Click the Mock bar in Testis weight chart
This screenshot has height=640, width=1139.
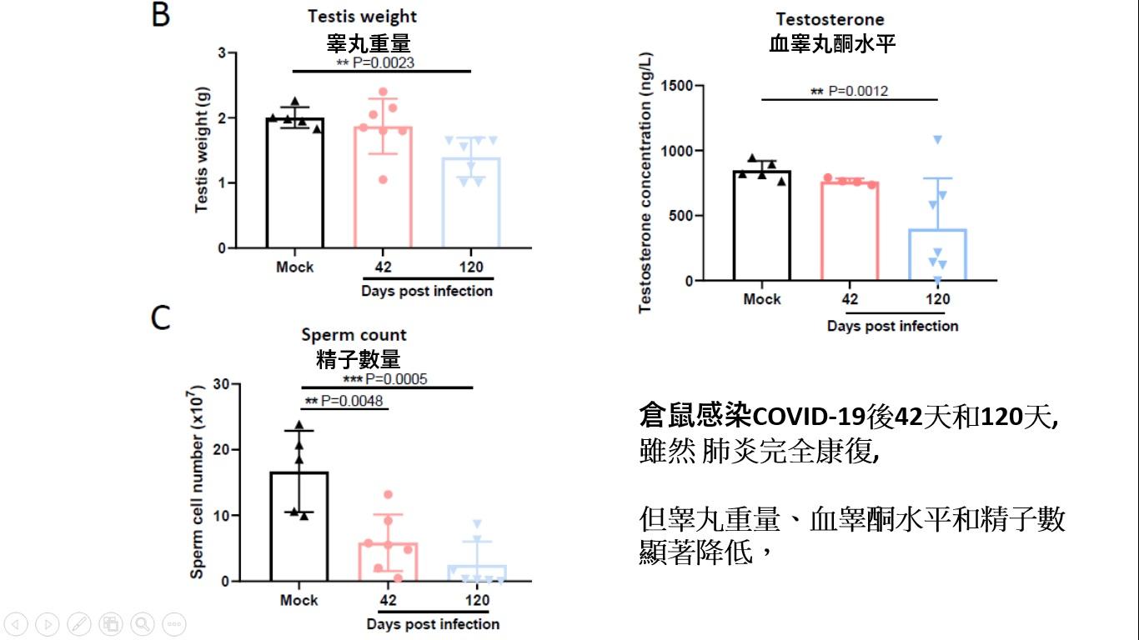pyautogui.click(x=295, y=183)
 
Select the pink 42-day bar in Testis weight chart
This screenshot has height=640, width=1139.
pyautogui.click(x=384, y=187)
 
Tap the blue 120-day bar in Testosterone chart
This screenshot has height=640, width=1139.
pyautogui.click(x=937, y=255)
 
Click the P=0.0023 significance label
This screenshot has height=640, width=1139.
pyautogui.click(x=375, y=62)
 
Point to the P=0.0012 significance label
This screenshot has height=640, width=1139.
pyautogui.click(x=850, y=91)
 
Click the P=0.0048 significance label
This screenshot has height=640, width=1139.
pyautogui.click(x=344, y=401)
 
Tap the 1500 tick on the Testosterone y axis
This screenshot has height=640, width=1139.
pyautogui.click(x=676, y=86)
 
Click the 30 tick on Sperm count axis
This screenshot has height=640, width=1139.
pyautogui.click(x=221, y=384)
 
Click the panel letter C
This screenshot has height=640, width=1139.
pyautogui.click(x=161, y=317)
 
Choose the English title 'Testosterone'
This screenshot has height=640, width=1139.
pyautogui.click(x=830, y=19)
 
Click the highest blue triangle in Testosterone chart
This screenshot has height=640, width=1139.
pyautogui.click(x=937, y=139)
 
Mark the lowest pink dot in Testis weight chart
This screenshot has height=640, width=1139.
pyautogui.click(x=383, y=179)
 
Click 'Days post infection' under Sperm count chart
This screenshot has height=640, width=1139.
pyautogui.click(x=433, y=624)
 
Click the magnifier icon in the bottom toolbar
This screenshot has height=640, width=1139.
pyautogui.click(x=142, y=623)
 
